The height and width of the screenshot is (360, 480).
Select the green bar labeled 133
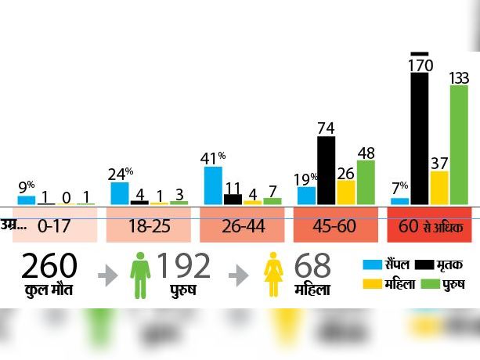coord(459,145)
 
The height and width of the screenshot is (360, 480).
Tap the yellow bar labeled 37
coord(440,188)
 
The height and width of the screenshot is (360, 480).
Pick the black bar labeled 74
coord(326,170)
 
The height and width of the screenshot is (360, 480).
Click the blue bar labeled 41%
coord(213,185)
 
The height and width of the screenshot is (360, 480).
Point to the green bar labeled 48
coord(366,182)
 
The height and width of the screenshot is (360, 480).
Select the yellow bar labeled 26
coord(346,192)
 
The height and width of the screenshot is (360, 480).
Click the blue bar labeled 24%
coord(120,193)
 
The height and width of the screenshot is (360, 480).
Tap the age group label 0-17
coord(54,228)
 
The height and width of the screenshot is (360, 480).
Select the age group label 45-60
coord(335,228)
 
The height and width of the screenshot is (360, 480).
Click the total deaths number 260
coord(49,267)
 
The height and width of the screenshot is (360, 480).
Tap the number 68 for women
coord(312,267)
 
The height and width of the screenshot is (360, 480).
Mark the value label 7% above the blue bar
coord(399,187)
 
